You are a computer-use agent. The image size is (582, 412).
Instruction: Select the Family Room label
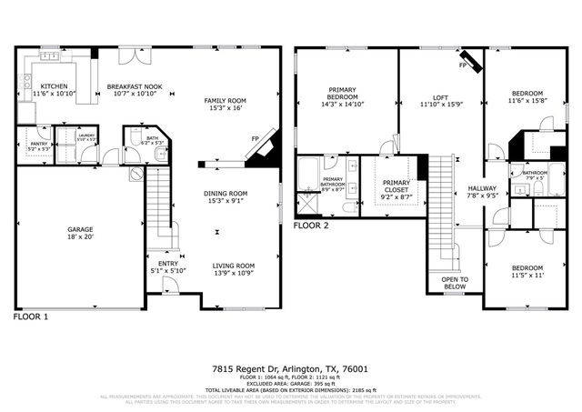click(225, 100)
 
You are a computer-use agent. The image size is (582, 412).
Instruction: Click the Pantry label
click(38, 144)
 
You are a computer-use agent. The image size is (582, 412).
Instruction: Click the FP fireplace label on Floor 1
click(256, 139)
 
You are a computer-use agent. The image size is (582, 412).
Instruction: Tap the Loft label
click(440, 97)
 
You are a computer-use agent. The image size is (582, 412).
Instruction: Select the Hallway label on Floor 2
click(482, 188)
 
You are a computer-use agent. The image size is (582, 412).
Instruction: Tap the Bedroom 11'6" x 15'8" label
click(527, 94)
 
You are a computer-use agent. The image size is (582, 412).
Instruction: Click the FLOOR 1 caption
click(32, 317)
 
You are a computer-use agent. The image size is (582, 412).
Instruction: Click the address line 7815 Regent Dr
click(291, 368)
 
